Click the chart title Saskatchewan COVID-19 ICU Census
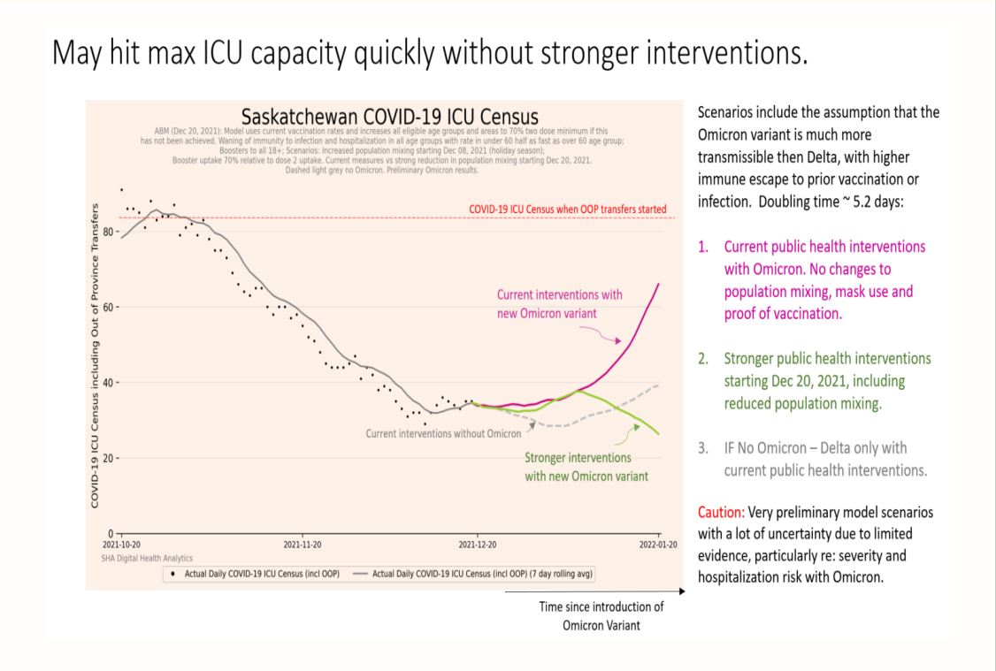point(389,117)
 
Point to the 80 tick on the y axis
point(107,232)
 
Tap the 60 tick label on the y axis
point(107,308)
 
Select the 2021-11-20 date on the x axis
point(303,545)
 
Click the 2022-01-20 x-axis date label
point(658,545)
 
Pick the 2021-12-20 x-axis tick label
point(478,545)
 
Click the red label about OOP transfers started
point(568,209)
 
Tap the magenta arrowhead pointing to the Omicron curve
point(618,341)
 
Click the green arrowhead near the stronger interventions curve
point(636,427)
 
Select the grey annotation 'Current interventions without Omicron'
point(443,433)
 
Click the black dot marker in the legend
point(172,574)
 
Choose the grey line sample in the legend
point(360,574)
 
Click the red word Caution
point(721,512)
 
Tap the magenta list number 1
point(703,247)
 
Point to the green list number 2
point(703,359)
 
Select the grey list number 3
point(703,448)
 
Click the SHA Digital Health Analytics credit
point(147,559)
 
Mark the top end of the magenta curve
point(659,284)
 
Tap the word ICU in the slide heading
point(222,53)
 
